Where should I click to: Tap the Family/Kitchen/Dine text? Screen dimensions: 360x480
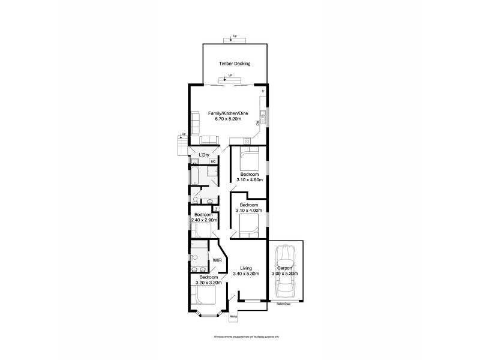(228, 113)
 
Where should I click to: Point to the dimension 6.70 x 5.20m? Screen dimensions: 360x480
(228, 119)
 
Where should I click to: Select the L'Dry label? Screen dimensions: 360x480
(204, 155)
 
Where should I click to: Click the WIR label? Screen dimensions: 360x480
(217, 260)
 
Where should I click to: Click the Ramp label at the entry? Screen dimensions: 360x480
(234, 316)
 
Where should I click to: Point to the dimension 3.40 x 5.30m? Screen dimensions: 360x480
(245, 274)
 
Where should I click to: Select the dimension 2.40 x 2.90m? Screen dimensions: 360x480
(203, 220)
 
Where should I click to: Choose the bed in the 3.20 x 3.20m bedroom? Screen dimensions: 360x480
(205, 296)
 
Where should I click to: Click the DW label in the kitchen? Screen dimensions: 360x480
(257, 123)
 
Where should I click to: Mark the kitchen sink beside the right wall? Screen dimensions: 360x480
(263, 116)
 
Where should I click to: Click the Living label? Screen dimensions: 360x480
(245, 268)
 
